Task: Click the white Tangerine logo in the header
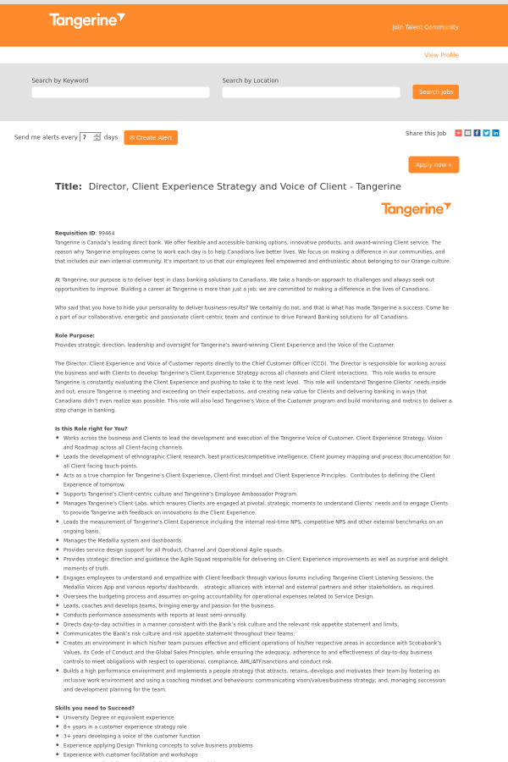(x=86, y=20)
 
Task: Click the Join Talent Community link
(x=425, y=27)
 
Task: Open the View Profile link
(x=441, y=55)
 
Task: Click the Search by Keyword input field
(x=120, y=92)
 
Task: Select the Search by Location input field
(x=311, y=92)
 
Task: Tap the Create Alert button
(x=151, y=137)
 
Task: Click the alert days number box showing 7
(x=86, y=137)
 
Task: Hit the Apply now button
(x=433, y=164)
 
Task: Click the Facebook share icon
(x=477, y=133)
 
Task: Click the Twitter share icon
(x=486, y=133)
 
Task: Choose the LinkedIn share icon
(x=495, y=133)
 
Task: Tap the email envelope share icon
(x=467, y=133)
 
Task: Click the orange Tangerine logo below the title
(x=416, y=209)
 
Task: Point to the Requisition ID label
(x=75, y=233)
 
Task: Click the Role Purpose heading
(x=75, y=335)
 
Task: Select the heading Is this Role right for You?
(x=91, y=428)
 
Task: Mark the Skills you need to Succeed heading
(x=95, y=708)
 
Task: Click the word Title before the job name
(x=68, y=186)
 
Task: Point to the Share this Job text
(x=426, y=133)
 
